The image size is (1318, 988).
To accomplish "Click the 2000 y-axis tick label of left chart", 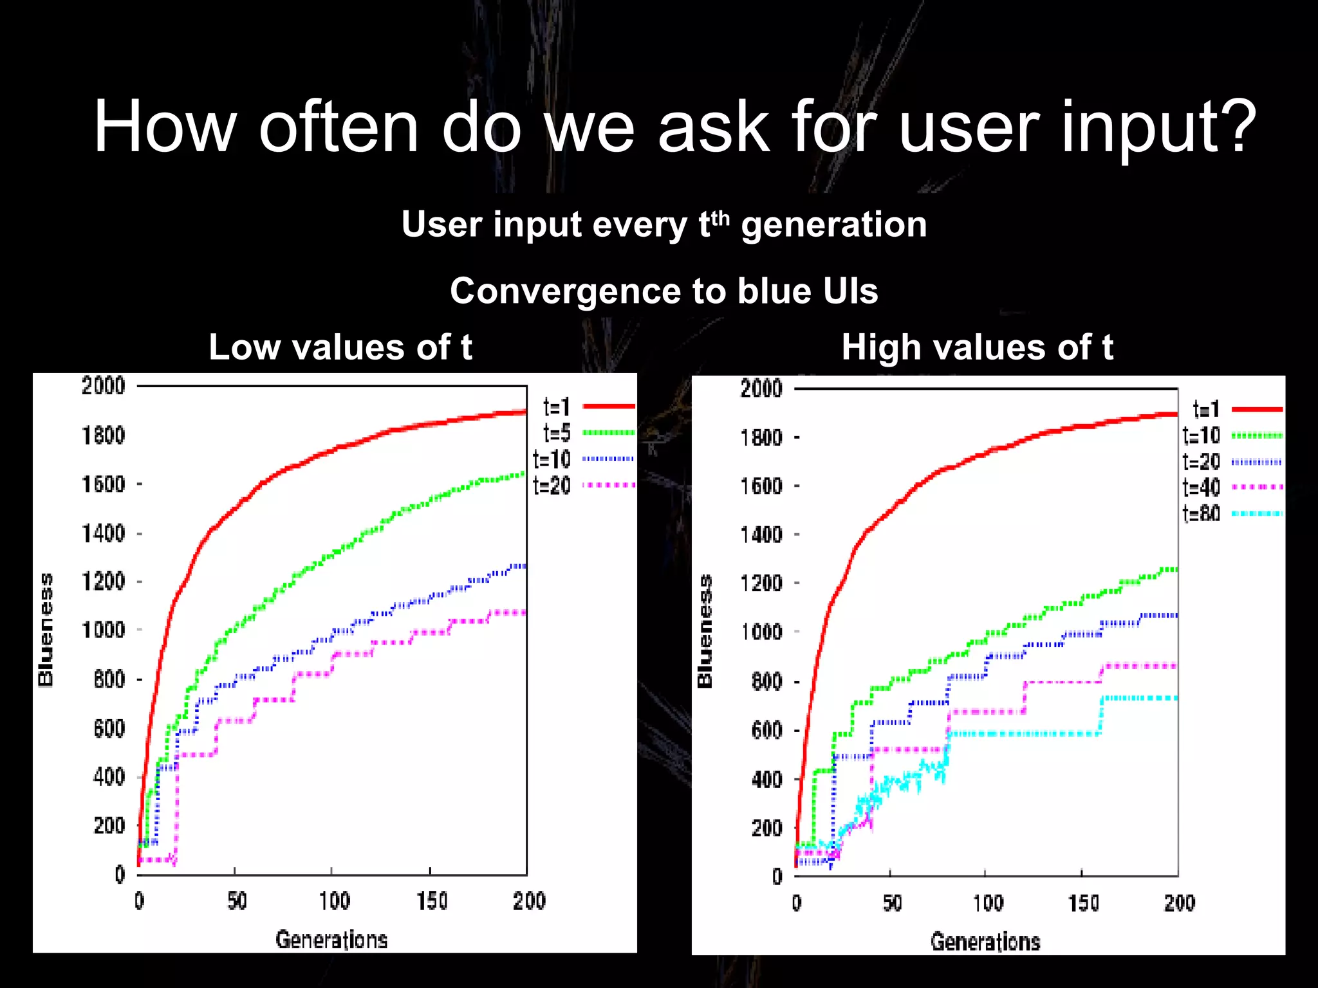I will point(103,386).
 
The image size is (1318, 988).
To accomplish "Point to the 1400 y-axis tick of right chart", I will point(761,535).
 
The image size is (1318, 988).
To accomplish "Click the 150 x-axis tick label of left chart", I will point(432,901).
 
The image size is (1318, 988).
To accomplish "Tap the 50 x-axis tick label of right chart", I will point(892,903).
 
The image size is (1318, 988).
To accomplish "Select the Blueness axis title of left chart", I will point(46,630).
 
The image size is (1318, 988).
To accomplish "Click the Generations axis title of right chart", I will point(985,942).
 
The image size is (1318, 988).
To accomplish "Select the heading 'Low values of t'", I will point(340,347).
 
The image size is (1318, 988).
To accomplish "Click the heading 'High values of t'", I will point(977,347).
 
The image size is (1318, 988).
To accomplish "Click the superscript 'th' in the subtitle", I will point(720,217).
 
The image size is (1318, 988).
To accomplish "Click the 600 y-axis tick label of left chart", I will point(109,728).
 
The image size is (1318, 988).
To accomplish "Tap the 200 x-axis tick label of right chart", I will point(1179,903).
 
